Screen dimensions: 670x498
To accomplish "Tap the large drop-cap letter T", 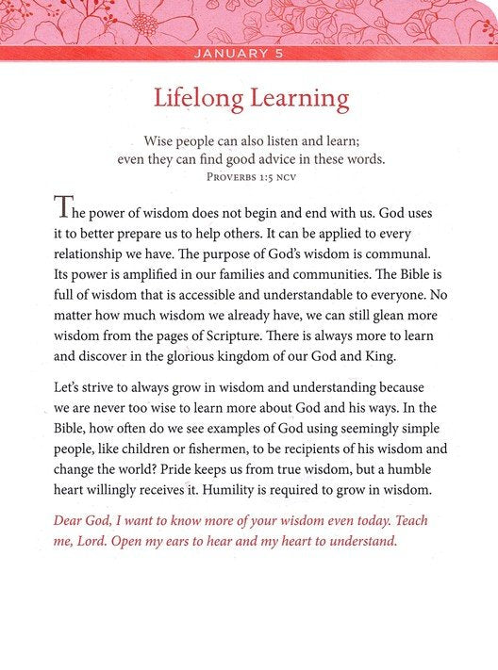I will point(61,208).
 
